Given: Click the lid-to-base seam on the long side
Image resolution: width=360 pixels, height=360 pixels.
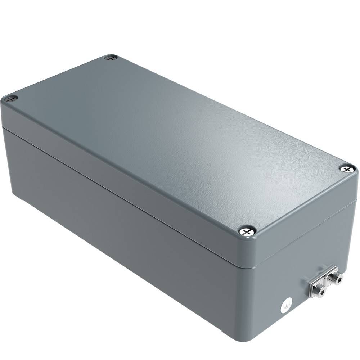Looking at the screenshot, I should tap(126, 194).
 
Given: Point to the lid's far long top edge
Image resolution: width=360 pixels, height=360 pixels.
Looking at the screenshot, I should tap(230, 108).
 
